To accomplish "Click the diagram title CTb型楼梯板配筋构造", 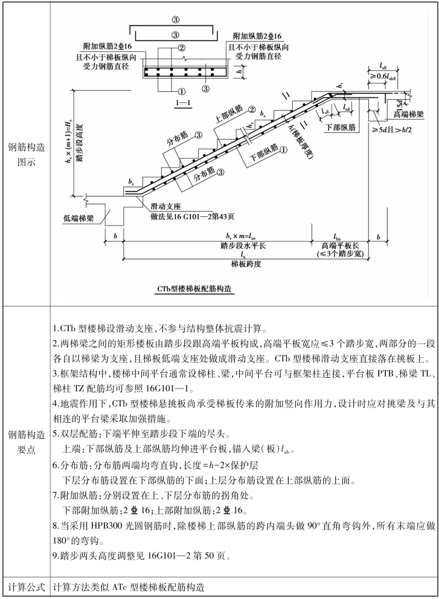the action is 194,289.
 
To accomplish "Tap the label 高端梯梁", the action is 408,114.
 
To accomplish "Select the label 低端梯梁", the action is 79,218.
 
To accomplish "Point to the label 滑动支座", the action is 165,207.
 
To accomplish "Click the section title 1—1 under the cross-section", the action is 183,103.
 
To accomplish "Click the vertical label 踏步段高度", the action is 80,143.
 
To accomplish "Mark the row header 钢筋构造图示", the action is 26,154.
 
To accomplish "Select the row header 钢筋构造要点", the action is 26,442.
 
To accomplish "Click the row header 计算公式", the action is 26,587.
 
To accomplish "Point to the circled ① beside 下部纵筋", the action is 283,150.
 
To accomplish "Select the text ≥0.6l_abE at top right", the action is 383,76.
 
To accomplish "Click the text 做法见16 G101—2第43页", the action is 193,216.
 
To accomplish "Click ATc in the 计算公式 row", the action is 121,587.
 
